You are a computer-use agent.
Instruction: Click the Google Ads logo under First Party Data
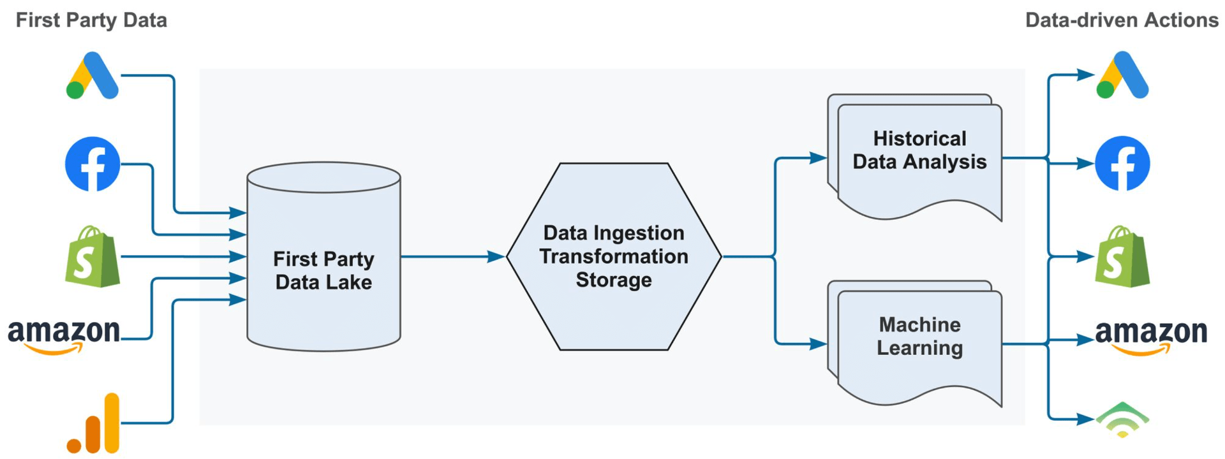click(x=93, y=76)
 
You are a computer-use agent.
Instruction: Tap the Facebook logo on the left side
click(x=93, y=164)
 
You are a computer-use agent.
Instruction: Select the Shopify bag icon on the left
click(x=93, y=256)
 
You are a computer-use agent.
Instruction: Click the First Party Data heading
click(x=91, y=20)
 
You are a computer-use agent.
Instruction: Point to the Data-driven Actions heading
click(x=1122, y=20)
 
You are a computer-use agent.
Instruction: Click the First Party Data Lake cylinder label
click(x=323, y=270)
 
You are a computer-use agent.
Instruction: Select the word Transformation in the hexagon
click(x=614, y=256)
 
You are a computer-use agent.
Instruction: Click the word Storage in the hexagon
click(x=614, y=280)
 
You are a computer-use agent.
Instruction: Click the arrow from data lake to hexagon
click(x=453, y=256)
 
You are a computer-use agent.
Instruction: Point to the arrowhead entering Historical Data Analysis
click(x=818, y=158)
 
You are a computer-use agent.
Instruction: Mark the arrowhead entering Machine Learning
click(x=818, y=344)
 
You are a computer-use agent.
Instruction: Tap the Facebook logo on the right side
click(x=1122, y=163)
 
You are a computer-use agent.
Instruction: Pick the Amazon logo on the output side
click(x=1151, y=335)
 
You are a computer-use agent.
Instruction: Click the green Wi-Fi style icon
click(x=1122, y=419)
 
